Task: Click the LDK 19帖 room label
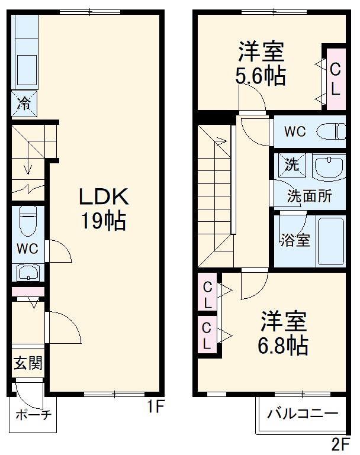pos(104,209)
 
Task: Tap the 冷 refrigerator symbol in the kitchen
pos(24,104)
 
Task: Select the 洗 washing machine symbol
pos(292,165)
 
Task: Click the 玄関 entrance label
pos(28,363)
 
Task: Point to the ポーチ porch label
pos(34,415)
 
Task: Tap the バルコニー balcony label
pos(303,413)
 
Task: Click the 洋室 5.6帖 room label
pos(261,63)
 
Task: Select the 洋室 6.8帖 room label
pos(284,333)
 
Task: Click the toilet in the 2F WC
pos(331,131)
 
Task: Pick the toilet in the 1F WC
pos(28,220)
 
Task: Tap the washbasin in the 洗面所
pos(329,167)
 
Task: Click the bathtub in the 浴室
pos(331,241)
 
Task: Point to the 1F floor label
pos(156,406)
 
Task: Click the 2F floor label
pos(341,444)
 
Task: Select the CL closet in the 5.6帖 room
pos(336,79)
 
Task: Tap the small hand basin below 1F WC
pos(28,273)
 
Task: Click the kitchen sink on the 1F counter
pos(27,70)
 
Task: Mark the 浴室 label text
pos(295,240)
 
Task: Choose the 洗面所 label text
pos(310,196)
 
